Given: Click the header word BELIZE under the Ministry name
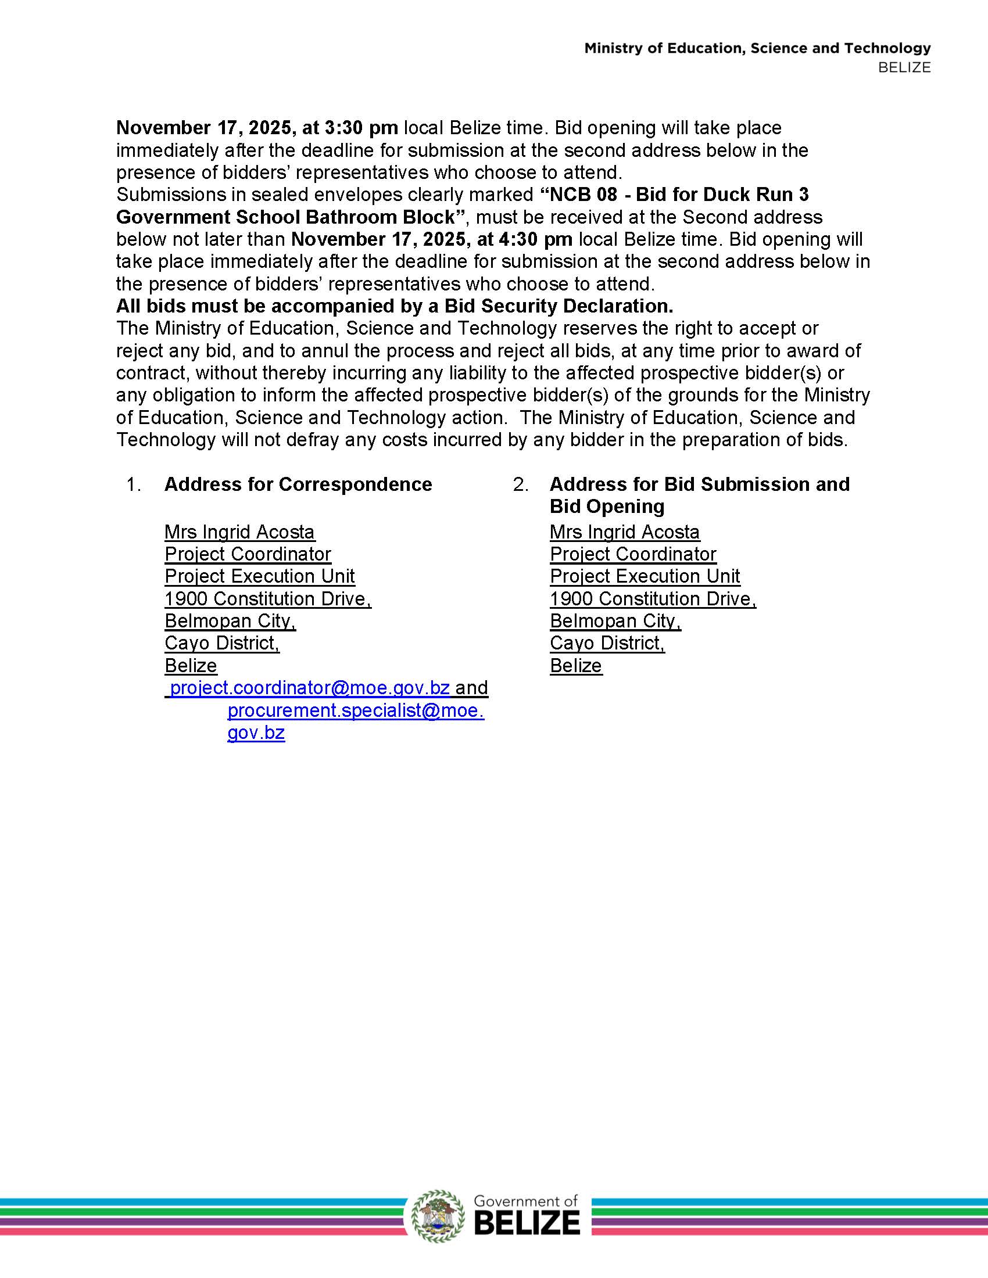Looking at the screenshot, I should [904, 67].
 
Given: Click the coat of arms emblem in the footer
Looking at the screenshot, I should [438, 1216].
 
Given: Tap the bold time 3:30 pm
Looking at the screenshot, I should [361, 128].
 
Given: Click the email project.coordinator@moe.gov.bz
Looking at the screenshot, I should [310, 688].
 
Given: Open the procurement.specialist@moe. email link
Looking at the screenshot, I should [355, 710].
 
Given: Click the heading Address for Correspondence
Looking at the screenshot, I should [298, 484].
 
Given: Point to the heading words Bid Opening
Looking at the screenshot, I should [607, 507].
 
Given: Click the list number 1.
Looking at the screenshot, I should [133, 484].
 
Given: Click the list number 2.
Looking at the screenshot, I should [520, 484].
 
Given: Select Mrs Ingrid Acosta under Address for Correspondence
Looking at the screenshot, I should [239, 532].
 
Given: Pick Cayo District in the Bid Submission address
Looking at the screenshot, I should [606, 643].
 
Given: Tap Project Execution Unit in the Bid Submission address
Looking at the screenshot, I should [645, 576].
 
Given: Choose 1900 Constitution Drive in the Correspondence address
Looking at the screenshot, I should [267, 598].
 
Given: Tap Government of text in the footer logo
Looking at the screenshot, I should [525, 1201].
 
